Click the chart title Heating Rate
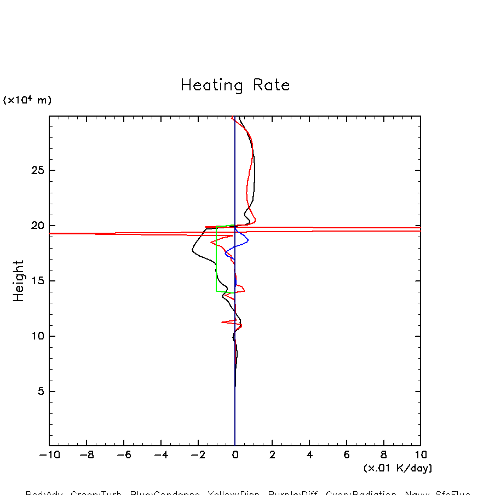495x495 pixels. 235,85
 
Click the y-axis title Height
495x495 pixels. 19,280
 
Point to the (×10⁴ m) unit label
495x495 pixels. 27,100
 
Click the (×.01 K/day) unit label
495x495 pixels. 398,468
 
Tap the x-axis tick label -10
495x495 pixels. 49,455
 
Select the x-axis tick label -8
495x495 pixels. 87,455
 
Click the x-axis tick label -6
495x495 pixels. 124,455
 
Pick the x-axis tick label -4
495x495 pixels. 160,455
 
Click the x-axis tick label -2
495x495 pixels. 198,455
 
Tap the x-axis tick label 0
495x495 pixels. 235,455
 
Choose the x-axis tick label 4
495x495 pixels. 309,455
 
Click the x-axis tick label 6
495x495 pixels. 347,455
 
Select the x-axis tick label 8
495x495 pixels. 383,455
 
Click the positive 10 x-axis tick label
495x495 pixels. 421,455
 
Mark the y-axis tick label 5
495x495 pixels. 39,392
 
